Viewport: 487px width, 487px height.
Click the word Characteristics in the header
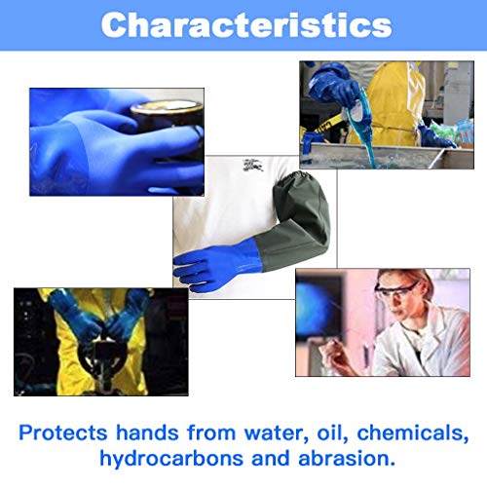pos(246,25)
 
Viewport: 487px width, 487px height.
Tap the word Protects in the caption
pos(63,432)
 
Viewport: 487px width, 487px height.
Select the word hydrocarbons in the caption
pos(171,458)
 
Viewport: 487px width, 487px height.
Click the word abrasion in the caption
pos(347,458)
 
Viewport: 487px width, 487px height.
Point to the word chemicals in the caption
pos(413,433)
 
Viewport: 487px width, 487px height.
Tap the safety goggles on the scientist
pos(395,290)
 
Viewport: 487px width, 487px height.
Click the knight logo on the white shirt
pos(253,165)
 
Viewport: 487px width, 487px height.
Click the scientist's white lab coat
pos(422,344)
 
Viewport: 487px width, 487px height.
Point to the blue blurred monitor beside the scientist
pos(319,309)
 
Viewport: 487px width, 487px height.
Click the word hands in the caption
pos(147,432)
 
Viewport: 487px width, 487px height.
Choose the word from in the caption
pos(211,432)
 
